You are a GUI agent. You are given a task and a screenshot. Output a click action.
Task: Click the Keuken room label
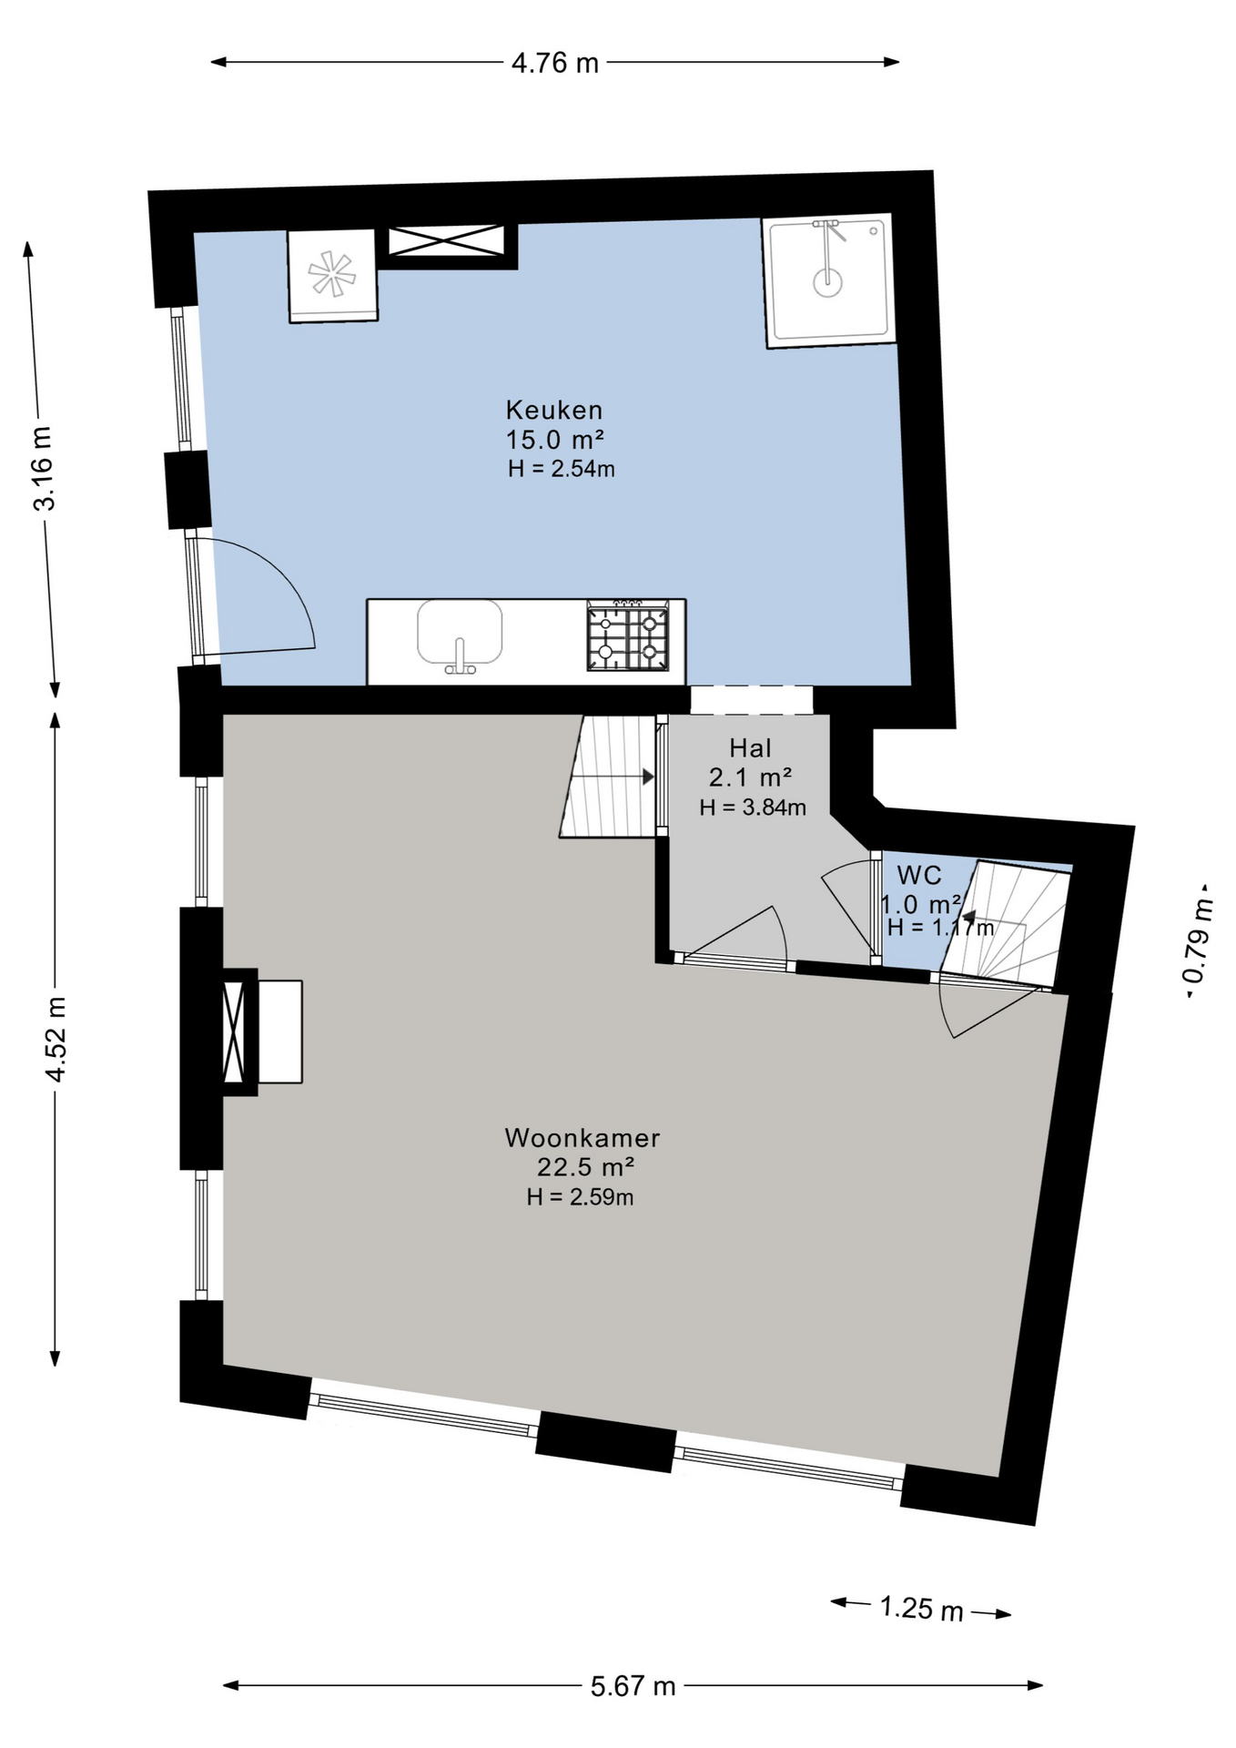(x=554, y=410)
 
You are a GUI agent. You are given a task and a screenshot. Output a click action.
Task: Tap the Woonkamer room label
(x=583, y=1137)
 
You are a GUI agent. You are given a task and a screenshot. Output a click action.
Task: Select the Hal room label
(x=750, y=748)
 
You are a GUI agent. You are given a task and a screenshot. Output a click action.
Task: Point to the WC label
(x=919, y=875)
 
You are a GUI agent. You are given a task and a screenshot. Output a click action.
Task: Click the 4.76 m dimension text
(x=555, y=63)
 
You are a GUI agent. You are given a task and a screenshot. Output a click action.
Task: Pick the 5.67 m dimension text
(x=633, y=1686)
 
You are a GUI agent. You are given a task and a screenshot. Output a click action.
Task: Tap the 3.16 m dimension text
(x=44, y=468)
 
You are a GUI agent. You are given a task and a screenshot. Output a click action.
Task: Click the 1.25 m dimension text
(x=921, y=1608)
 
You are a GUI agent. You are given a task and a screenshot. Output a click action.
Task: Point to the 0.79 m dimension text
(x=1198, y=940)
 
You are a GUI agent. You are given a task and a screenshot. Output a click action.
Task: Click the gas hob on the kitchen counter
(x=628, y=635)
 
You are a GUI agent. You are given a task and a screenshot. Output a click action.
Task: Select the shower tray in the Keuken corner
(x=829, y=281)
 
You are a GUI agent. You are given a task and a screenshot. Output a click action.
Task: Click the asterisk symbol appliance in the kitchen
(x=331, y=274)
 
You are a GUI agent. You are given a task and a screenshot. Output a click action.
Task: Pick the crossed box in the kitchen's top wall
(x=446, y=241)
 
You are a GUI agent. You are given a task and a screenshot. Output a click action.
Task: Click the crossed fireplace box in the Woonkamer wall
(x=234, y=1032)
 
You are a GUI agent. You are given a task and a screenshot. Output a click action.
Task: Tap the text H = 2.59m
(x=580, y=1196)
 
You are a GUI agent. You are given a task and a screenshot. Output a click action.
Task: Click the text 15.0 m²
(x=555, y=440)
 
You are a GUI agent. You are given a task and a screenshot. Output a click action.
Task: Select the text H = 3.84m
(x=753, y=807)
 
